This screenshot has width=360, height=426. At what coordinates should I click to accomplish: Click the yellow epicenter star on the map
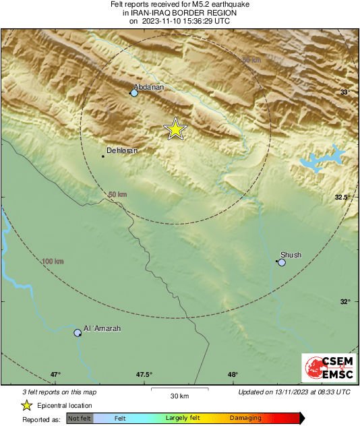coord(175,128)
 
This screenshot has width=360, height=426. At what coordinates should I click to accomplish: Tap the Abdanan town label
coord(149,87)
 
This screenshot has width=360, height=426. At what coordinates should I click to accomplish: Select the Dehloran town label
coord(122,151)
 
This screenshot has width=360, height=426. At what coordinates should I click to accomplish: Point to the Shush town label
coord(291,255)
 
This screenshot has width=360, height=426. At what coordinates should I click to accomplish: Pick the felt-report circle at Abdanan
coord(134,93)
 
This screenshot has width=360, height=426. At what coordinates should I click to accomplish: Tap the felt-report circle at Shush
coord(282,262)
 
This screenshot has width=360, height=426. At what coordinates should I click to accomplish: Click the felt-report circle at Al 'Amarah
coord(78,332)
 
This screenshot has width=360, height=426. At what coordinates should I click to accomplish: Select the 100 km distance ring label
coord(52,261)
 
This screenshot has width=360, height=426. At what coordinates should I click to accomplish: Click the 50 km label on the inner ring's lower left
coord(118,195)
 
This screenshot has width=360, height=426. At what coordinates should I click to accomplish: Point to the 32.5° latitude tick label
coord(344,197)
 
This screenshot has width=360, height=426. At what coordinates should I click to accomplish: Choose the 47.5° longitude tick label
coord(144,375)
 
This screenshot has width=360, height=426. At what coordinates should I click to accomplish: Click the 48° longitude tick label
coord(233,375)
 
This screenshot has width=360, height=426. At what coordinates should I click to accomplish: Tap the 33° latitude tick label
coord(345,92)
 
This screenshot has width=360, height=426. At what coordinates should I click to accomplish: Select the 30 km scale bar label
coord(179,395)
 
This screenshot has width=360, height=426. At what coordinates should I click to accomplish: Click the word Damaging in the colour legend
coord(245,418)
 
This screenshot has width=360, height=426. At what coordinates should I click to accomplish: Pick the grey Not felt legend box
coord(80,419)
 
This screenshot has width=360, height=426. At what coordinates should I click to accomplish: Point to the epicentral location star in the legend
coord(26,405)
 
